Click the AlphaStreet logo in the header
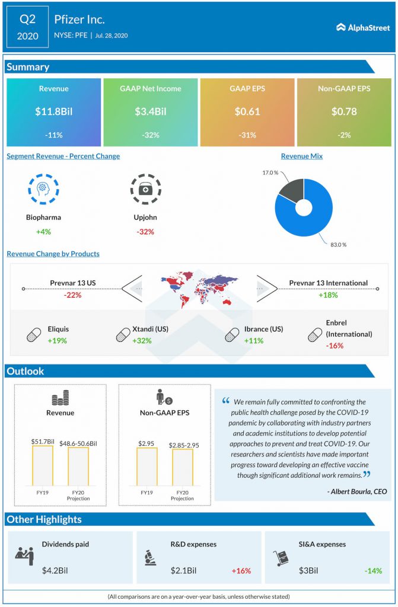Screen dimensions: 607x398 click(362, 27)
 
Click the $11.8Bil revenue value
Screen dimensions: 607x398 click(53, 111)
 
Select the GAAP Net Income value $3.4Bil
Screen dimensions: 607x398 click(150, 111)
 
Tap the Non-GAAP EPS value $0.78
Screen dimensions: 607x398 click(344, 111)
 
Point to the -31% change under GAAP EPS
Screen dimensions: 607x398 click(247, 135)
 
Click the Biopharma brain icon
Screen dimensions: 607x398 click(43, 190)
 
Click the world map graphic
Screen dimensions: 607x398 click(199, 290)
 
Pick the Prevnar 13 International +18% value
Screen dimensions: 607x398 click(328, 295)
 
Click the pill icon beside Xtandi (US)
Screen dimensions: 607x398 click(123, 335)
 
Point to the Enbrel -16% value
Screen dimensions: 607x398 click(334, 346)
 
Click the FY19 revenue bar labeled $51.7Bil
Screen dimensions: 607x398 click(42, 466)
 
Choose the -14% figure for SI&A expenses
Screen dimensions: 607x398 click(373, 571)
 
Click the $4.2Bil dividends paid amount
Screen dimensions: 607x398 click(55, 571)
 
